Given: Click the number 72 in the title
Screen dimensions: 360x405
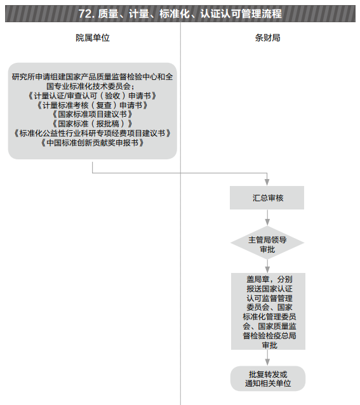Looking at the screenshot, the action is click(x=85, y=14).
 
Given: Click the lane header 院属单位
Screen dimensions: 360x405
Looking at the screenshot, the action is click(x=93, y=37).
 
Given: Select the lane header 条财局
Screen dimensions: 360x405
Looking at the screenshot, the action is click(x=267, y=37).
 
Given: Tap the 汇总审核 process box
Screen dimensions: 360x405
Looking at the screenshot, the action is click(x=267, y=197).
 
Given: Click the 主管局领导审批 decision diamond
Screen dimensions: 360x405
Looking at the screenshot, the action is click(x=267, y=242).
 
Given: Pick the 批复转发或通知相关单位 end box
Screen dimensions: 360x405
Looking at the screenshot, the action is click(x=268, y=378).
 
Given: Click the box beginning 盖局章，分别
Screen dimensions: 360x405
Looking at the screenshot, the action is click(x=268, y=311).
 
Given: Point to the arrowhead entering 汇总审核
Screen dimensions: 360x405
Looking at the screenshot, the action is click(x=267, y=182).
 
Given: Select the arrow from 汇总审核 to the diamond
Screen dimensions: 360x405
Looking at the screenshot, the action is click(x=267, y=217).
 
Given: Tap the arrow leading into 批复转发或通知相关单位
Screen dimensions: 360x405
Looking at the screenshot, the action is click(x=267, y=358).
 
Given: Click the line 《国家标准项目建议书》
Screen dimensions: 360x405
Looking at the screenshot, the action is click(x=93, y=114).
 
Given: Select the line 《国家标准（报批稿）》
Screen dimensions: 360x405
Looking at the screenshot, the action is click(x=93, y=124).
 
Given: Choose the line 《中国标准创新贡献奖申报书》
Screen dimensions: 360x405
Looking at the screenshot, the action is click(x=93, y=143).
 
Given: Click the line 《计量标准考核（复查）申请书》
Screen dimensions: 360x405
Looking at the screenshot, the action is click(x=93, y=105).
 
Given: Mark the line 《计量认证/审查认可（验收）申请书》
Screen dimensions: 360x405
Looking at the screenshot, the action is click(x=93, y=96).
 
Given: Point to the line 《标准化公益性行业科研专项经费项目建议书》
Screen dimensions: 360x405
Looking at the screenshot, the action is click(x=93, y=133).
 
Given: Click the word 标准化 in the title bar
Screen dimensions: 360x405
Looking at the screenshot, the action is click(x=175, y=14).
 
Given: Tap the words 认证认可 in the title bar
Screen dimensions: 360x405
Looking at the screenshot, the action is click(x=221, y=14).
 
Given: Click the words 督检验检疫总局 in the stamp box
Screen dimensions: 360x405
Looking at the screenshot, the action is click(x=269, y=336).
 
